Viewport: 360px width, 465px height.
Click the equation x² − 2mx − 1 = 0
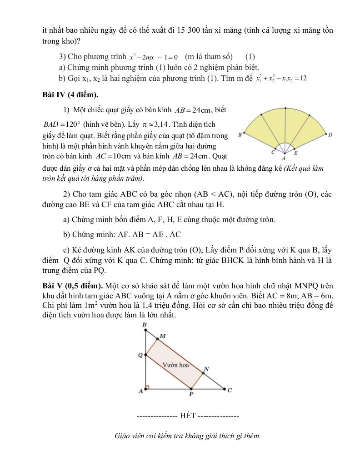(x=153, y=57)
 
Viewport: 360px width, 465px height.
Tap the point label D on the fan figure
(x=330, y=134)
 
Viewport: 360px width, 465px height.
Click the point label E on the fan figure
(x=296, y=153)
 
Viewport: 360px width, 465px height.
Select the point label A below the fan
(x=284, y=159)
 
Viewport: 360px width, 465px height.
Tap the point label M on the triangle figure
(x=163, y=336)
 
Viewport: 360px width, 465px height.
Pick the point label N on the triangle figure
(x=206, y=369)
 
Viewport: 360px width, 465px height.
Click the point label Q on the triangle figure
(x=140, y=355)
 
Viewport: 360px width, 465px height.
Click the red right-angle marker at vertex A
(x=147, y=388)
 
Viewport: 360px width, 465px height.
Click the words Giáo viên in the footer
(x=129, y=436)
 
